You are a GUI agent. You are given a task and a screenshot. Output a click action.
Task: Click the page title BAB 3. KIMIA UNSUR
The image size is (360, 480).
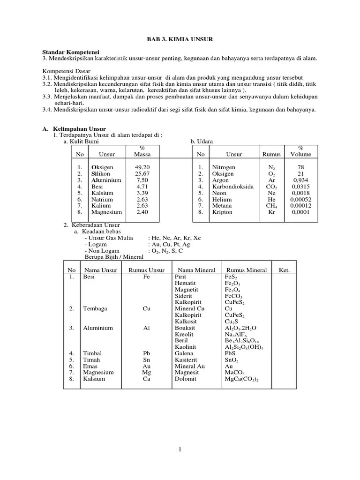coord(180,40)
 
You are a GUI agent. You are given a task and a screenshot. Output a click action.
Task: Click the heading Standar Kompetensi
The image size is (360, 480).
coord(71,52)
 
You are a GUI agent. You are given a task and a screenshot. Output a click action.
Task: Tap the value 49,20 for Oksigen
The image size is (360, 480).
coord(142,167)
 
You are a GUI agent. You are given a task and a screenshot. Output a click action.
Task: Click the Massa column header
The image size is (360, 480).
coord(142,154)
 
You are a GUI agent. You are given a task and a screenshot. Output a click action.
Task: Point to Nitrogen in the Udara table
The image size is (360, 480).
coord(224,167)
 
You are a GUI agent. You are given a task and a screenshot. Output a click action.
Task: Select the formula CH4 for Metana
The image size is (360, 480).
coord(271,206)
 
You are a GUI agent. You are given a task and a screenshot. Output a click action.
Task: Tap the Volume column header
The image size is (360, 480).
coord(300,154)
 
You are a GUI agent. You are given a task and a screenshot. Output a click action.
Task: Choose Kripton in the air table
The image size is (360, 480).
coord(222,212)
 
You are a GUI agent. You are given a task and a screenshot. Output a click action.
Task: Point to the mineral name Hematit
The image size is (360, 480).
coord(185,284)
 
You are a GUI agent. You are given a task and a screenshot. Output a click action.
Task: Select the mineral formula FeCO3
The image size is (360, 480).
coord(235,296)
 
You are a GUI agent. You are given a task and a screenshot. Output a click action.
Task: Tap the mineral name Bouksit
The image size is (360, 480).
coord(185,328)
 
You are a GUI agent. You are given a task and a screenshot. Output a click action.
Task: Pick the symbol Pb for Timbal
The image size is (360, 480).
coord(146,353)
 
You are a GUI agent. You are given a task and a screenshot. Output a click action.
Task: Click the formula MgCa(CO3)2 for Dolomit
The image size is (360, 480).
coord(242,379)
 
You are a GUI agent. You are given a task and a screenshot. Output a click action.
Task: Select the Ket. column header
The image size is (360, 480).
coord(284,270)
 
